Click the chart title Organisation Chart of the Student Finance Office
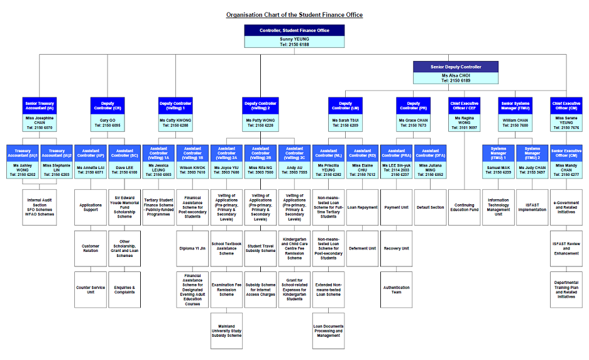[x=295, y=14]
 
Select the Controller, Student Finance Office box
[x=294, y=30]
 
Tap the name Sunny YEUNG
[x=294, y=41]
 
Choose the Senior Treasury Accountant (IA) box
[x=40, y=106]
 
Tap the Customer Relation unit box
[x=91, y=248]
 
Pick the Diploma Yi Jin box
[x=192, y=248]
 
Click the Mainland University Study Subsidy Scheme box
[x=226, y=330]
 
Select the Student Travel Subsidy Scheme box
[x=261, y=248]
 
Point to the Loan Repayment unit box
[x=362, y=207]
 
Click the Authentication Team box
[x=397, y=290]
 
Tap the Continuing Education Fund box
[x=465, y=207]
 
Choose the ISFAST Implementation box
[x=532, y=207]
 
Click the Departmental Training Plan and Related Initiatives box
[x=566, y=290]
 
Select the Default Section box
[x=431, y=207]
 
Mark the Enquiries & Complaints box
[x=124, y=290]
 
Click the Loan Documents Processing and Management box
[x=328, y=330]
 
